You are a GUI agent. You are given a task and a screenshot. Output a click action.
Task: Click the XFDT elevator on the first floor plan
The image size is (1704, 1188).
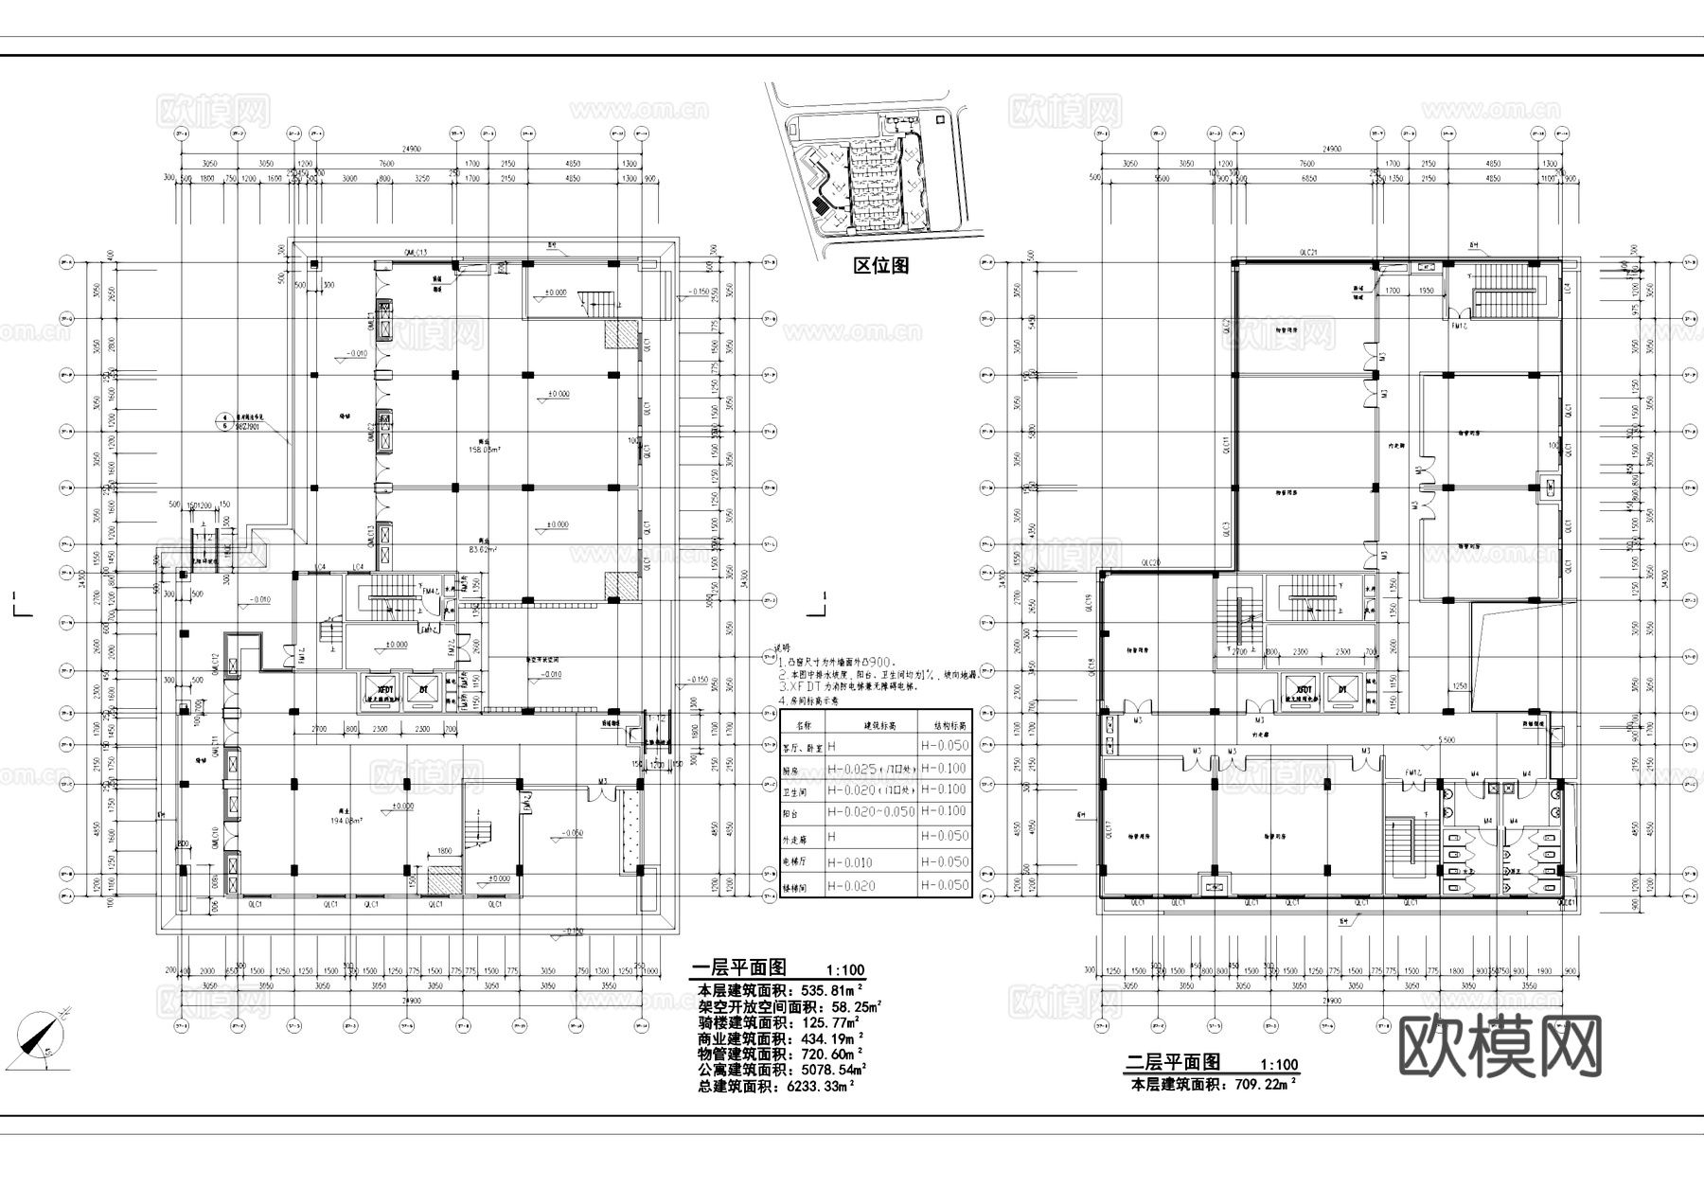[384, 690]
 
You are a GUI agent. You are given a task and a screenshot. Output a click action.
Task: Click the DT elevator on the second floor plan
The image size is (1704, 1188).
[1341, 690]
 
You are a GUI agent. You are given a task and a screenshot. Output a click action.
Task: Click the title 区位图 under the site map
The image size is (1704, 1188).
[880, 266]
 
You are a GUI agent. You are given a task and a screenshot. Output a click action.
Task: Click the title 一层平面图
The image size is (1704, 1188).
[738, 968]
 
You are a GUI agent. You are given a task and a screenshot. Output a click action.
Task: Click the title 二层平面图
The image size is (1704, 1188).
[1172, 1062]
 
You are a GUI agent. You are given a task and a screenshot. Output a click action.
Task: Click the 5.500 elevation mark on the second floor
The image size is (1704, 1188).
[1446, 740]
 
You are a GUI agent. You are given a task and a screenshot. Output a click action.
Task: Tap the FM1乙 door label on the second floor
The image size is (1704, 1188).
[1413, 773]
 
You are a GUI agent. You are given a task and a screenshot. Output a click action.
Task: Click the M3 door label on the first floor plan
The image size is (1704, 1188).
[602, 782]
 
